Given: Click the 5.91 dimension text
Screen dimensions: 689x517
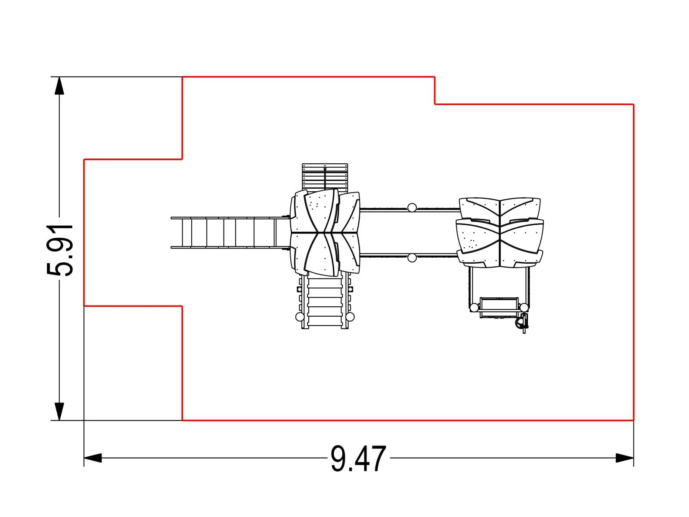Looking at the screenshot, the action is (59, 250).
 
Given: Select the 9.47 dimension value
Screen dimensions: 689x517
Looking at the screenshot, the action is (358, 458).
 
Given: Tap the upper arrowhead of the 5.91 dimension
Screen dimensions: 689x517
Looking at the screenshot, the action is (59, 85).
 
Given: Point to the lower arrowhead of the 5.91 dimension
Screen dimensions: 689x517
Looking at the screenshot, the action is (59, 411).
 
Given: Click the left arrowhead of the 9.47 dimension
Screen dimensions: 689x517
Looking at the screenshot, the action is (93, 458).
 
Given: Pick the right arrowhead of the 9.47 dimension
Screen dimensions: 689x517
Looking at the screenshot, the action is (624, 458).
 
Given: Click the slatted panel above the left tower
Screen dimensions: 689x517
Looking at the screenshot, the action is (325, 178).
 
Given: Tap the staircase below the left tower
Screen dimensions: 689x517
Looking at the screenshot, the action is (325, 300).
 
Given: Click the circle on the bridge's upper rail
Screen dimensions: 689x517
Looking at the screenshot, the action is (412, 208).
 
